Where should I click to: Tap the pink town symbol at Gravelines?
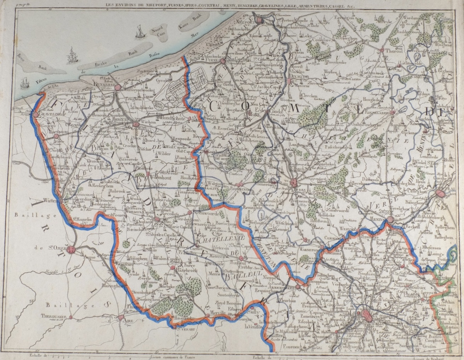(x=36, y=114)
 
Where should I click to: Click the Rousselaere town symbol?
(x=392, y=112)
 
